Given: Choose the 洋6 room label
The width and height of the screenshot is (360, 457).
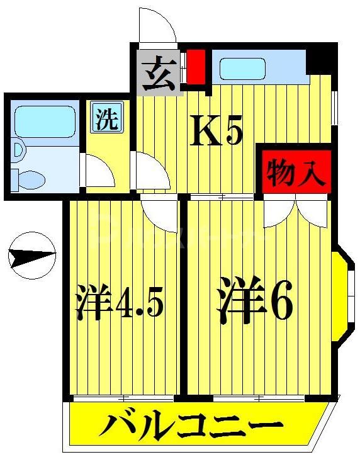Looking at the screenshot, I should click(256, 302).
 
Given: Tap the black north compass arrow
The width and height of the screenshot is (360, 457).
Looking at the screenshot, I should click(31, 257).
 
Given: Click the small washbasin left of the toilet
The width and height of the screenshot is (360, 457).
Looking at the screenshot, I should click(16, 150).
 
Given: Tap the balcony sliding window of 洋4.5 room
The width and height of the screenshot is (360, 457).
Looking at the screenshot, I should click(122, 398).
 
